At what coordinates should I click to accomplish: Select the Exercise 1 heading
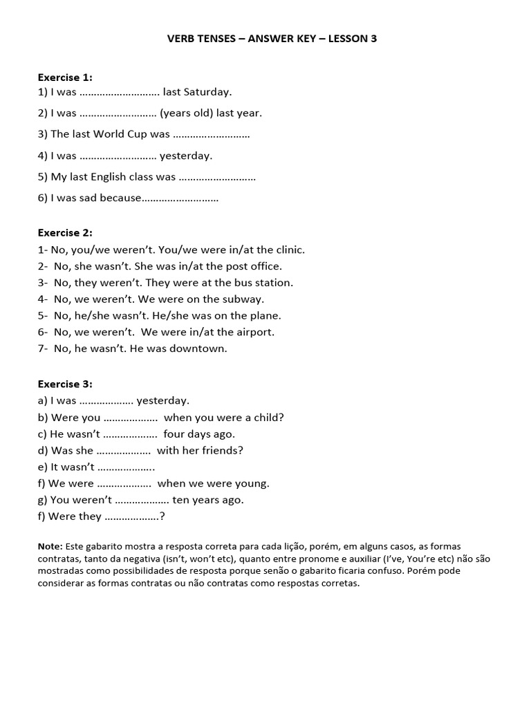(x=65, y=77)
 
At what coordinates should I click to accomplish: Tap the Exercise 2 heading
(x=65, y=233)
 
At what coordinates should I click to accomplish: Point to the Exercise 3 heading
(x=65, y=384)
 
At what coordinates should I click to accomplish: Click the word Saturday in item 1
(x=207, y=91)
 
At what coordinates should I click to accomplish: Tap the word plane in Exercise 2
(x=266, y=316)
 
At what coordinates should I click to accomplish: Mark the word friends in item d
(x=221, y=451)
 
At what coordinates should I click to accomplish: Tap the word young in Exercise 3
(x=253, y=484)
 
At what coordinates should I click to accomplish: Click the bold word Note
(x=50, y=546)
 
